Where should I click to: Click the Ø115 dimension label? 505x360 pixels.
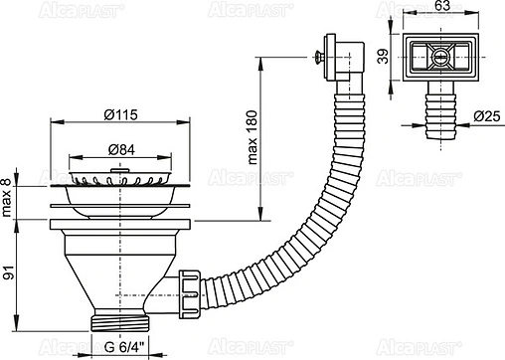120,114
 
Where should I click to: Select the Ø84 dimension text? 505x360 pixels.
121,150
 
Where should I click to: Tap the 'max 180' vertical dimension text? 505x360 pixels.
252,137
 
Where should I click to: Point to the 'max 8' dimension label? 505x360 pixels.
7,197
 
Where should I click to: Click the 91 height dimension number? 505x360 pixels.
9,272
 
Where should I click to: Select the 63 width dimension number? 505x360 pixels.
442,6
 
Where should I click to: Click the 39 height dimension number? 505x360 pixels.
384,57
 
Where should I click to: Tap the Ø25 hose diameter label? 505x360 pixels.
486,116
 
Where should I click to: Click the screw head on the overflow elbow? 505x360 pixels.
318,57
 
